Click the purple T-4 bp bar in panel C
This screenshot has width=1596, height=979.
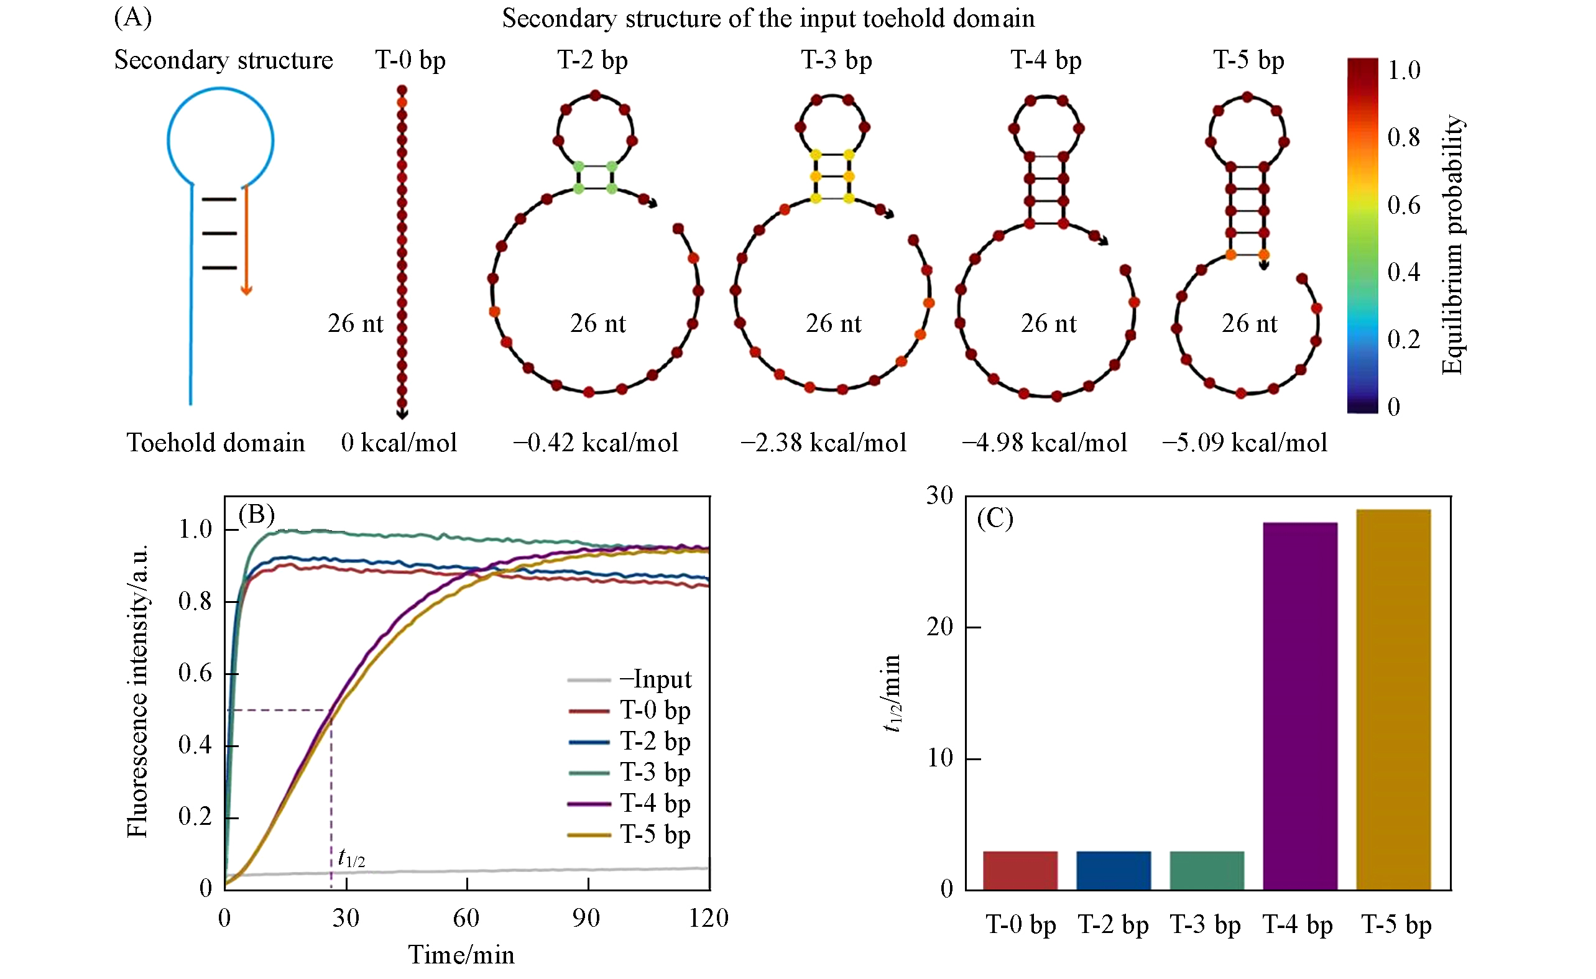1299,706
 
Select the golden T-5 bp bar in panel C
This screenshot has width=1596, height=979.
1393,699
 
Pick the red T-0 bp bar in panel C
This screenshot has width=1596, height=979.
1020,870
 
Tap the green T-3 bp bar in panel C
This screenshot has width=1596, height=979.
1206,870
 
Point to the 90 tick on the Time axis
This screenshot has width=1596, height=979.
586,918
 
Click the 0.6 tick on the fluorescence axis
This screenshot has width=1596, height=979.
195,673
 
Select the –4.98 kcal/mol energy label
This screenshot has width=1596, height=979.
1044,443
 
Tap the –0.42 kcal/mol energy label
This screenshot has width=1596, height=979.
595,443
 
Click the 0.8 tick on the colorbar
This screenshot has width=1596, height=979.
1404,137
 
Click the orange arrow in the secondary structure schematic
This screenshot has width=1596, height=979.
246,239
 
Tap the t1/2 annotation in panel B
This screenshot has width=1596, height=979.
352,859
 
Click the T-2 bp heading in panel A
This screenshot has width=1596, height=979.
593,60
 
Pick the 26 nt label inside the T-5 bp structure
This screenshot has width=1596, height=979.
1249,323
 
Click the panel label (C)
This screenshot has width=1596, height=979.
995,518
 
